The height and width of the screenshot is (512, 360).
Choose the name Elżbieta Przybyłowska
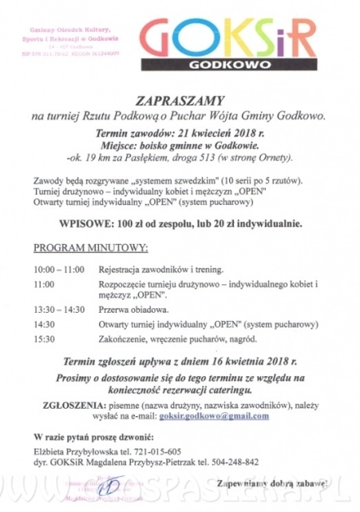pyautogui.click(x=77, y=451)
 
